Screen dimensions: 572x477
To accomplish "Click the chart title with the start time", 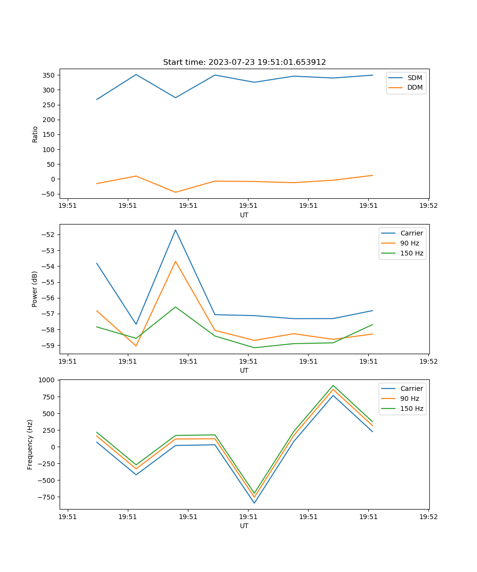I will (244, 62).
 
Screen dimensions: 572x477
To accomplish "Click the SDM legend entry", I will (415, 78).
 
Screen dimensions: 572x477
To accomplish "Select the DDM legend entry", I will (415, 88).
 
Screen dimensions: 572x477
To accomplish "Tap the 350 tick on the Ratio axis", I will (49, 75).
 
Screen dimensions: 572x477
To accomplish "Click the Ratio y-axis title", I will (35, 134).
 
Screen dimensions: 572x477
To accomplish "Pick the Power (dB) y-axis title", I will (35, 289).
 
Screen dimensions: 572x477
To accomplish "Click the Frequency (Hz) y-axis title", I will (30, 444).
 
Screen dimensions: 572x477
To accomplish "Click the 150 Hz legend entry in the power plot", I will (411, 254).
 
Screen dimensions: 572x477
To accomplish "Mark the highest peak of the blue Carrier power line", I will (176, 230).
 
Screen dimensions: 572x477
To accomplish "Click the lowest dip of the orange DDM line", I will (176, 192).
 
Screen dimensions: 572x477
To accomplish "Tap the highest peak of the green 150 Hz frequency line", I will (333, 386).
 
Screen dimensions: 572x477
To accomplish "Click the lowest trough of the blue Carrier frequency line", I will (254, 503).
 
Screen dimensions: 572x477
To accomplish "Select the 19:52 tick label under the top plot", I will (428, 206).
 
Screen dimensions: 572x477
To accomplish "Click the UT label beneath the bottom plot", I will (244, 526).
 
